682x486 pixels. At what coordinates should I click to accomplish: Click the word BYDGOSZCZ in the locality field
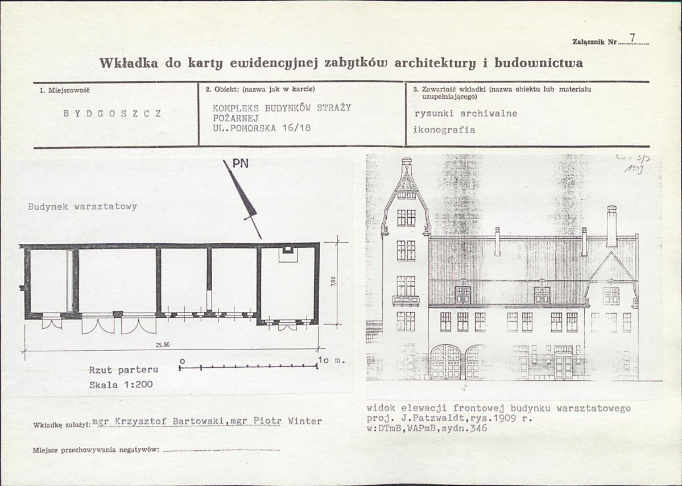[x=112, y=113]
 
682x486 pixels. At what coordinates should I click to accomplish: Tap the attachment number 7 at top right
[x=632, y=39]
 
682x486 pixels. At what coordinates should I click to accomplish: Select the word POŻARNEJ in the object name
[x=236, y=118]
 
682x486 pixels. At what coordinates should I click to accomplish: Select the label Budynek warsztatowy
[x=82, y=206]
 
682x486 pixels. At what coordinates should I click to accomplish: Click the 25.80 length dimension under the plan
[x=163, y=344]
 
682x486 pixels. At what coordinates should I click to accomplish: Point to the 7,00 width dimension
[x=334, y=281]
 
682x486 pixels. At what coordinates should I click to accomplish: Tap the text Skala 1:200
[x=121, y=384]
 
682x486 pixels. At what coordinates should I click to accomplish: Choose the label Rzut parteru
[x=123, y=370]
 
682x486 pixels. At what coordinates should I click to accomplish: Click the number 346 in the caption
[x=479, y=429]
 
